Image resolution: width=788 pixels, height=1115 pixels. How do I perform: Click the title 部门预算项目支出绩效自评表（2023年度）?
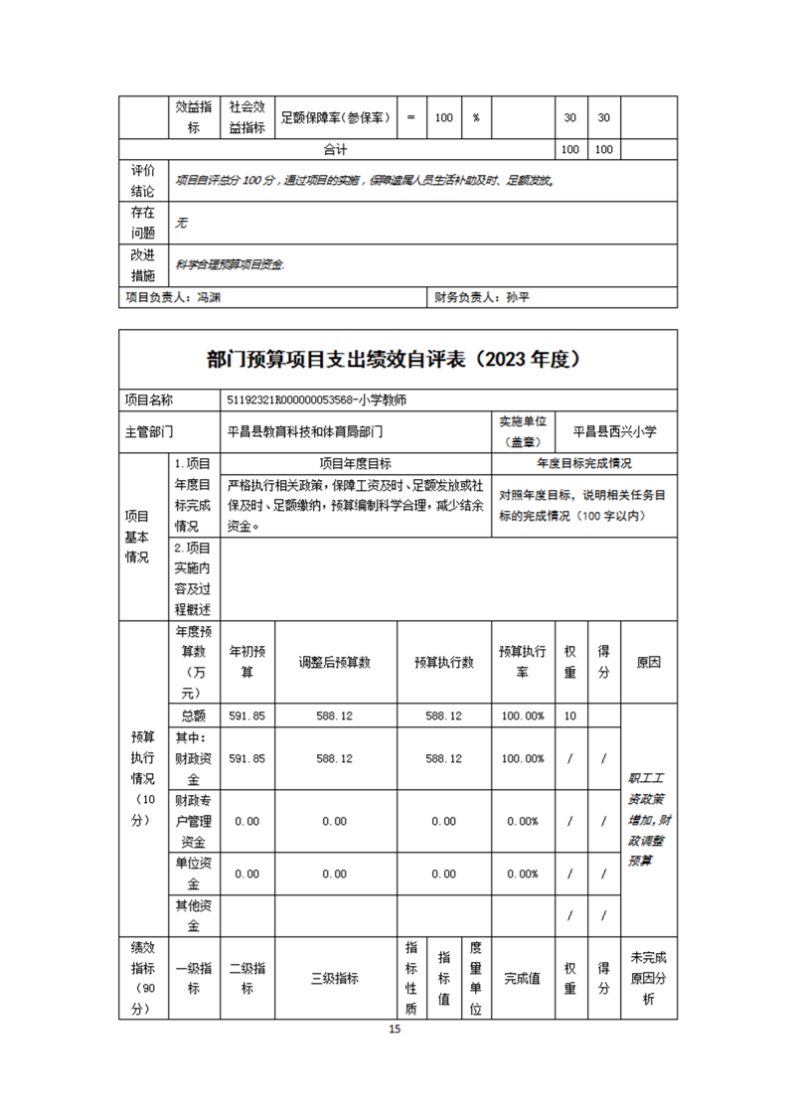(394, 360)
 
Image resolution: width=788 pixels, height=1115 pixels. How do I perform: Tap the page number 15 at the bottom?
(394, 1030)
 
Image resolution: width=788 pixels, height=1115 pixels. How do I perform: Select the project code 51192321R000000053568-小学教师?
(317, 399)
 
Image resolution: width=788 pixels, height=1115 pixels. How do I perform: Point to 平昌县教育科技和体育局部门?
(305, 431)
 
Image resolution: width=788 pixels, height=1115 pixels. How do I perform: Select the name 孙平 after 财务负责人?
(520, 297)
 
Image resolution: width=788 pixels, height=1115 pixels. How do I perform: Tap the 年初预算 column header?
(247, 662)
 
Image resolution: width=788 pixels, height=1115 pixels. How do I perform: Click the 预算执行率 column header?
(522, 662)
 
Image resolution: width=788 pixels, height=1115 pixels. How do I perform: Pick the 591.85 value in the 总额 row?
(247, 716)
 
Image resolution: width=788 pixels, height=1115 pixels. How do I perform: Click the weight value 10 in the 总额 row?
(569, 716)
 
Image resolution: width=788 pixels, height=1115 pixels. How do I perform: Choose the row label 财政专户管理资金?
(193, 821)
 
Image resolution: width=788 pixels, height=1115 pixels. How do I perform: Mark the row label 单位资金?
(193, 874)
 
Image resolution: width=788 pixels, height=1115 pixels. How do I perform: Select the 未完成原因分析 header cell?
(648, 978)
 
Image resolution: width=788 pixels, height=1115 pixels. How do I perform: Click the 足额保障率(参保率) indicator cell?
(336, 117)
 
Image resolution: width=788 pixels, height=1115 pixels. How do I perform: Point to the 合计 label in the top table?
(336, 149)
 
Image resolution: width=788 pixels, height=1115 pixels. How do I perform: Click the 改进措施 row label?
(143, 265)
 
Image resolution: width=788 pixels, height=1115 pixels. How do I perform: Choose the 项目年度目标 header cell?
(355, 463)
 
